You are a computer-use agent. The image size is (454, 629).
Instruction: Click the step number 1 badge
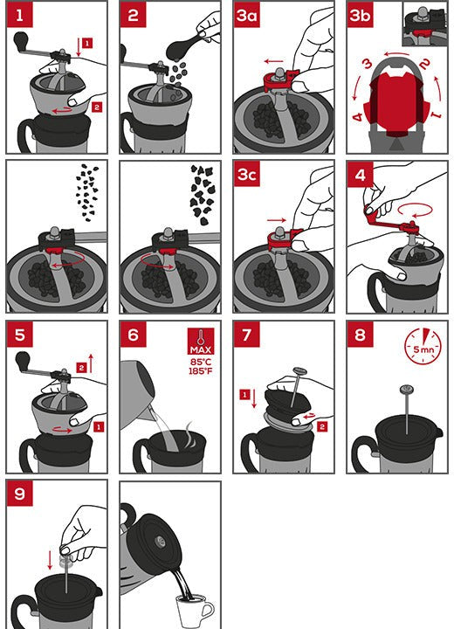click(x=20, y=16)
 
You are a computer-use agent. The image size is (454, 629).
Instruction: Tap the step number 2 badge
click(x=134, y=16)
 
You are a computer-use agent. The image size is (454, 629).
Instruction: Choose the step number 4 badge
click(x=361, y=174)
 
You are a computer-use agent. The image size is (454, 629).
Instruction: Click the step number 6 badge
click(x=134, y=335)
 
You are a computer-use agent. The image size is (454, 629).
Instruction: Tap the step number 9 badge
click(x=20, y=494)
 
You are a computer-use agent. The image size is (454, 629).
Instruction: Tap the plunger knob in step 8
click(x=405, y=390)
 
